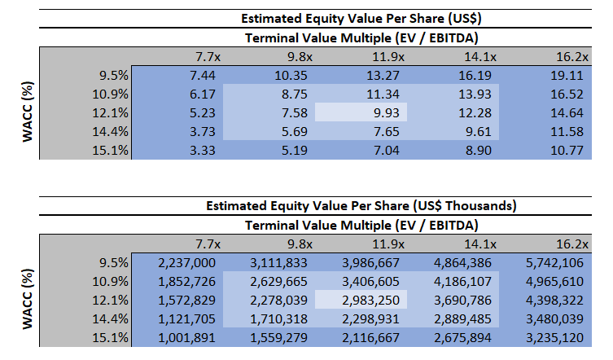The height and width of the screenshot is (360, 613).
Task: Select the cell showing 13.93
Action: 481,94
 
